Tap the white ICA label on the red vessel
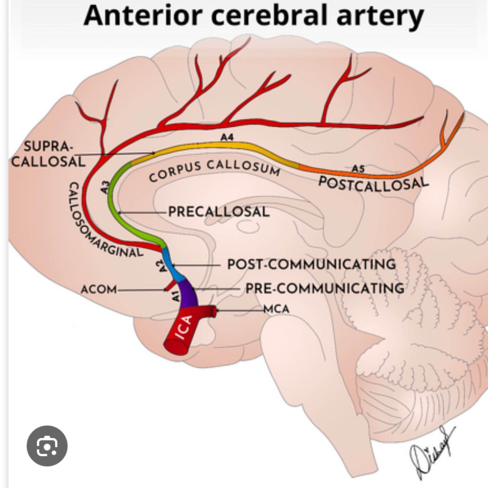click(184, 327)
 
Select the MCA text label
click(277, 309)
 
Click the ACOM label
click(98, 289)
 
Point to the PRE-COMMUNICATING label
click(325, 288)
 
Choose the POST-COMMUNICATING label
click(311, 264)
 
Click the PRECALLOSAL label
click(219, 211)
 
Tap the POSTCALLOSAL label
click(373, 183)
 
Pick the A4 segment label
click(227, 137)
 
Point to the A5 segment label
click(358, 169)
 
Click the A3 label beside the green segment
click(105, 187)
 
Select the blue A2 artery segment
click(172, 265)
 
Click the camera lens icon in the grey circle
click(47, 446)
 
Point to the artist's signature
click(432, 454)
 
